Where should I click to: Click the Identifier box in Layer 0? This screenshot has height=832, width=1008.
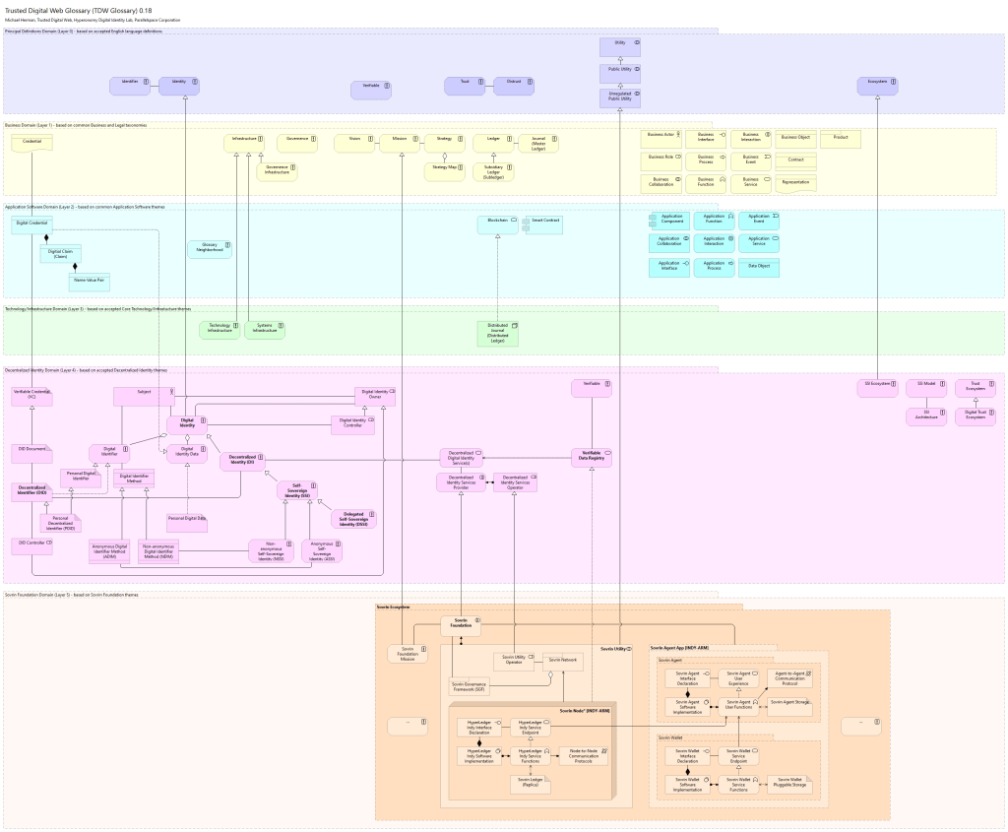coord(130,87)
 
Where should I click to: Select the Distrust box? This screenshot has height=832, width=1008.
coord(513,87)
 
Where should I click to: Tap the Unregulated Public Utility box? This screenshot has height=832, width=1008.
coord(620,96)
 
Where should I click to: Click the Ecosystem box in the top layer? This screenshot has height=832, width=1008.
coord(877,87)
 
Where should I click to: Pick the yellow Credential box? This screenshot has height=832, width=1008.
coord(31,144)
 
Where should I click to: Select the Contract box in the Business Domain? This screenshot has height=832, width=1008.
coord(795,160)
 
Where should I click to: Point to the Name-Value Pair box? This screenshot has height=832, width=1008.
coord(89,282)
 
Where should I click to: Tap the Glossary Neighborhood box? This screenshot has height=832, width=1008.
coord(210,249)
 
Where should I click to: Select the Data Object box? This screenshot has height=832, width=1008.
coord(759,267)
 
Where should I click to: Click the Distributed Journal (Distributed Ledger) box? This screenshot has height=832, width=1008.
coord(497,334)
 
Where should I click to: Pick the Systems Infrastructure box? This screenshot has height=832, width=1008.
coord(265,330)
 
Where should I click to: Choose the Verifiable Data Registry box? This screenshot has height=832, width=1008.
coord(592,457)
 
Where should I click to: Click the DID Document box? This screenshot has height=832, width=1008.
coord(31,452)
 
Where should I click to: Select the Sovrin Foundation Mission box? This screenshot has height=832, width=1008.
coord(407,654)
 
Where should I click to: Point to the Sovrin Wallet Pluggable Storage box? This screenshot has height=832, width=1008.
coord(791,783)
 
